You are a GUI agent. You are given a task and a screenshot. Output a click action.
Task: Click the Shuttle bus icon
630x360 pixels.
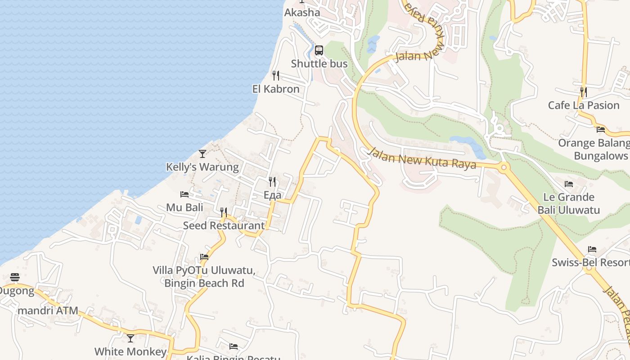pos(319,50)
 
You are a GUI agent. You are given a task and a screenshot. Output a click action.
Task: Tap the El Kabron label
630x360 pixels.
pos(276,89)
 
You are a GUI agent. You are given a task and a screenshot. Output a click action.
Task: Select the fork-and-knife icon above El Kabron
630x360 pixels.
pos(276,75)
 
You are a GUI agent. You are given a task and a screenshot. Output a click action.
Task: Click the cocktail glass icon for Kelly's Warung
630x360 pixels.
pos(202,154)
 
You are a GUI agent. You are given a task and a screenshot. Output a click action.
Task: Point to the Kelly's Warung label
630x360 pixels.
pos(202,167)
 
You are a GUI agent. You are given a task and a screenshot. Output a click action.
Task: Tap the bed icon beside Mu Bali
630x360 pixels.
pos(184,194)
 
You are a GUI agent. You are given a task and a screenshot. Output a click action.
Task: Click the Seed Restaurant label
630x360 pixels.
pos(224,225)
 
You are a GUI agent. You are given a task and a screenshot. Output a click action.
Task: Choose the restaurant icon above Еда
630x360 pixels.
pos(272,182)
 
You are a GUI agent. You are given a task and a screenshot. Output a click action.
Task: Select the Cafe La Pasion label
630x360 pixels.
pos(584,105)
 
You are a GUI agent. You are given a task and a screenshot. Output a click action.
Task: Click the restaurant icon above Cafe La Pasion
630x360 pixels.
pos(584,92)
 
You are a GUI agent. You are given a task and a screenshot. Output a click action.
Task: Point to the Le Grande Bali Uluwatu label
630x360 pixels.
pos(569,203)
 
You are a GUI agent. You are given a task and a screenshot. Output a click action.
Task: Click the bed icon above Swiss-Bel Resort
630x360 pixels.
pos(592,249)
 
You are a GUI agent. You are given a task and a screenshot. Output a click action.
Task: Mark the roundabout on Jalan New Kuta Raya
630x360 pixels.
pos(504,168)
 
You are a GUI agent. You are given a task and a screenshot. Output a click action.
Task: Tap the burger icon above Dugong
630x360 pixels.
pos(15,277)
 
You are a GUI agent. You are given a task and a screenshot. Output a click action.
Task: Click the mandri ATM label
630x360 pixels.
pos(48,310)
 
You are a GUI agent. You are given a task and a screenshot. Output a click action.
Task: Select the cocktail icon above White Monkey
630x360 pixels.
pos(130,338)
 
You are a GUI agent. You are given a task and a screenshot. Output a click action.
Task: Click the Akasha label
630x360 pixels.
pos(302,13)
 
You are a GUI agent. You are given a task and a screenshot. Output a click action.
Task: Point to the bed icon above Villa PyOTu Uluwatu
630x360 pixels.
pos(204,257)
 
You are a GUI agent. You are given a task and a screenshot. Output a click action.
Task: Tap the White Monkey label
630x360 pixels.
pos(130,351)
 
